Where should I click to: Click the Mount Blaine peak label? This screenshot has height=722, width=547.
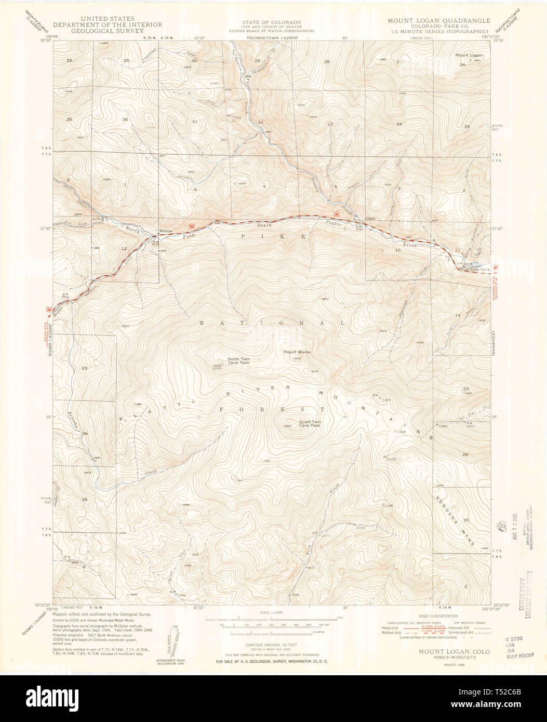click(297, 352)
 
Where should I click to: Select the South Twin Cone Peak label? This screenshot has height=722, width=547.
click(310, 424)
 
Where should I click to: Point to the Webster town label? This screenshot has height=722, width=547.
click(166, 231)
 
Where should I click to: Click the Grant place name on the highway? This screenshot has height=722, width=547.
click(370, 219)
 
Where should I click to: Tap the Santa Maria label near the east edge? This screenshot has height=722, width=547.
click(480, 269)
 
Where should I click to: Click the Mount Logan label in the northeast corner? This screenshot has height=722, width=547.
click(469, 55)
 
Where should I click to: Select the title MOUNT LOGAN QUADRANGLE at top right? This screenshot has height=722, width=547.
click(439, 20)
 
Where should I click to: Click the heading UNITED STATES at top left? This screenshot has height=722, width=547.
click(107, 19)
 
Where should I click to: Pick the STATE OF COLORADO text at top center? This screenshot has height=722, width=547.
click(271, 22)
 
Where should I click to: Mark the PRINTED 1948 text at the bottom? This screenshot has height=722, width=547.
click(453, 663)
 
